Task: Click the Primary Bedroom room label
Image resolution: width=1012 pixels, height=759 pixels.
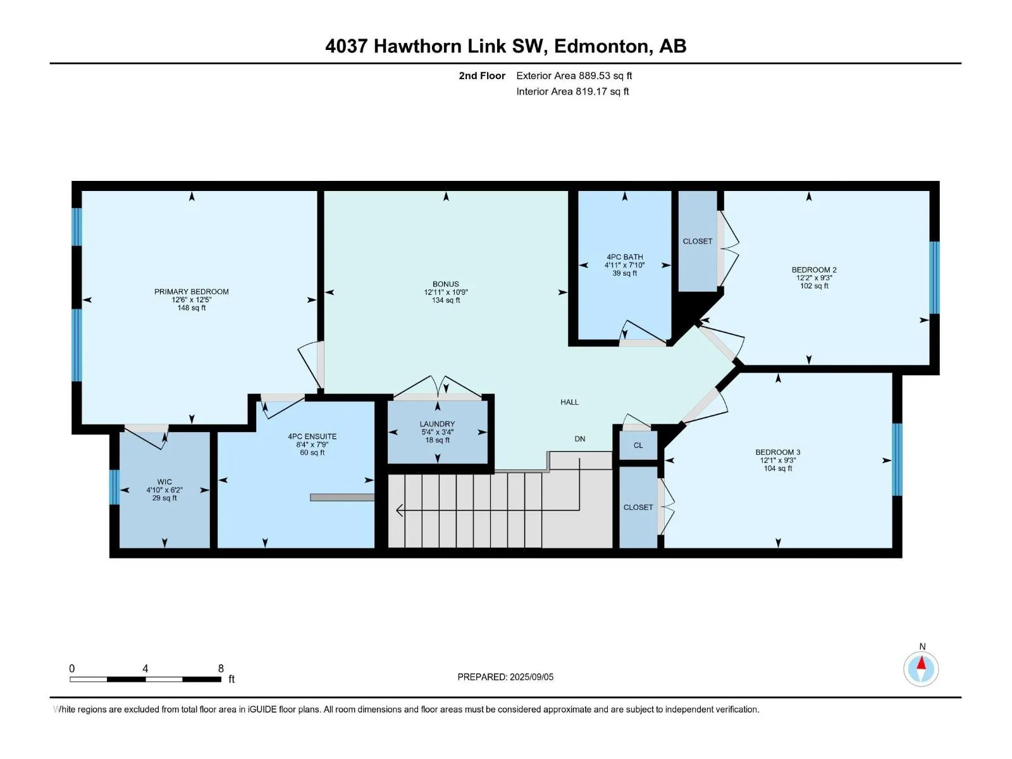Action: pos(192,292)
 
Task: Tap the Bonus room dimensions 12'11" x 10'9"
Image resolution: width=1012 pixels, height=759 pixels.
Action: pos(446,292)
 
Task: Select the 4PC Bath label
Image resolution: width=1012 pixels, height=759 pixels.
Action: pos(625,257)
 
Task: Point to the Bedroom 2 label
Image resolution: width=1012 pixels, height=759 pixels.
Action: pos(814,270)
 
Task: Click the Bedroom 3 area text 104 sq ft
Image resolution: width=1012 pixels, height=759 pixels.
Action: pos(778,469)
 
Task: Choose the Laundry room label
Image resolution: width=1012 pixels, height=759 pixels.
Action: pos(437,424)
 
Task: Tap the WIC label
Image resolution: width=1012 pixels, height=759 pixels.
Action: pos(164,482)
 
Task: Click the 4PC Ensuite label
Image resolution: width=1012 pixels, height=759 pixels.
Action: pos(312,436)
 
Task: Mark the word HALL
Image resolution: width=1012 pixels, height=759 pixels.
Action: pos(569,402)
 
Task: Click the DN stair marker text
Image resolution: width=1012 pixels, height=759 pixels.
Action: pos(580,439)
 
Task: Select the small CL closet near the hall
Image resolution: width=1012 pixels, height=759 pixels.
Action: pos(638,446)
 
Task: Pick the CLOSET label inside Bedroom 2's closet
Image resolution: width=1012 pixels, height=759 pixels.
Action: pos(698,242)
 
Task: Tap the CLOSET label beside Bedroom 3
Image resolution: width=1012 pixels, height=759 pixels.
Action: pos(638,507)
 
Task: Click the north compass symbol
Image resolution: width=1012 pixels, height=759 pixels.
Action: pos(921,668)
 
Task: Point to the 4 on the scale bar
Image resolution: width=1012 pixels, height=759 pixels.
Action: pos(145,669)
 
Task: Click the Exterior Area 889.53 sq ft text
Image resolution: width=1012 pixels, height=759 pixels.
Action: pos(574,75)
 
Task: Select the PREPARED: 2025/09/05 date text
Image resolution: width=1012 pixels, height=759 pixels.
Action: pos(505,677)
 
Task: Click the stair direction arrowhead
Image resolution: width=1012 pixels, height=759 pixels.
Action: pos(400,510)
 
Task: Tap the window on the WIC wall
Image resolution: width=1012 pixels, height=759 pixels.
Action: pos(114,487)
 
